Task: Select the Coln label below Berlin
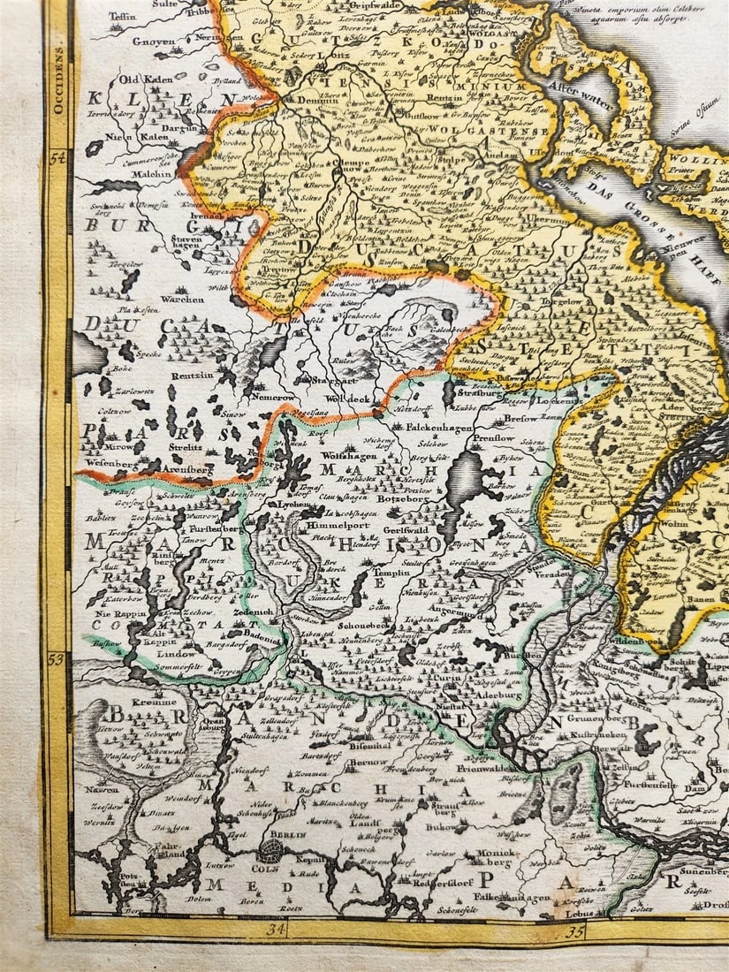[x=270, y=867]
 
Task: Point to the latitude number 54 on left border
[x=58, y=158]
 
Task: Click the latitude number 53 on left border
[x=58, y=658]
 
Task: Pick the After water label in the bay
[x=580, y=99]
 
